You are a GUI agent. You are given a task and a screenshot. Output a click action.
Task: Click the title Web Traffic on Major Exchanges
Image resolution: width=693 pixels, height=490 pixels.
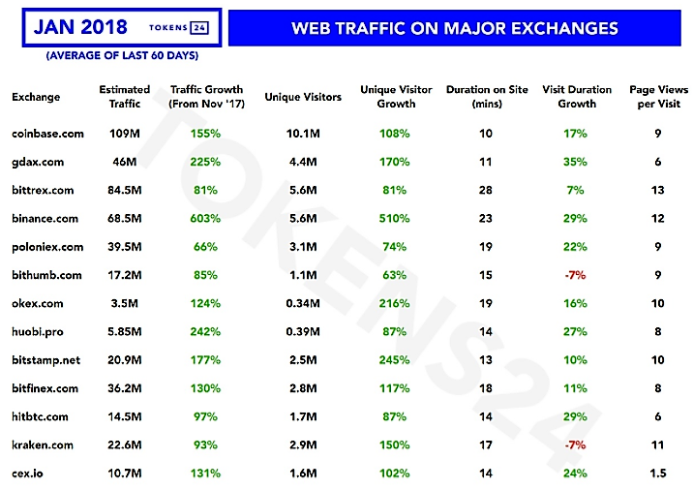[x=454, y=28]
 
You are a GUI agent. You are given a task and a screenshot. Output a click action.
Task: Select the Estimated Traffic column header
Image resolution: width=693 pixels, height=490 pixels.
[x=124, y=97]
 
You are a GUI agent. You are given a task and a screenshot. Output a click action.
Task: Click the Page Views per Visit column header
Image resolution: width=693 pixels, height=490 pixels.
[x=658, y=97]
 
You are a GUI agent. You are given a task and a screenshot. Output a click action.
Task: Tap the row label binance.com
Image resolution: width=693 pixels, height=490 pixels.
[x=45, y=219]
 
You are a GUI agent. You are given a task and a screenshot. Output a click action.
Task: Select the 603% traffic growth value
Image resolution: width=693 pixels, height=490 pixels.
[x=204, y=219]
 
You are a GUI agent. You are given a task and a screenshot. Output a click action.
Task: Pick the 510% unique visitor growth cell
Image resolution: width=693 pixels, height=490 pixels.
[x=395, y=219]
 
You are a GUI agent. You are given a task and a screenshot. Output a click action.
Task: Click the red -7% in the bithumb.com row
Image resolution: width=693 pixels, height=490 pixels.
[x=576, y=275]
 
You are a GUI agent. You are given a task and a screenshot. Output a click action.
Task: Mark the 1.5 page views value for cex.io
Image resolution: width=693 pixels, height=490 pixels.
[x=658, y=474]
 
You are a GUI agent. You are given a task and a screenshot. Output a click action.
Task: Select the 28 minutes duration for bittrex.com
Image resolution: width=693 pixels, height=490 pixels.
[x=486, y=190]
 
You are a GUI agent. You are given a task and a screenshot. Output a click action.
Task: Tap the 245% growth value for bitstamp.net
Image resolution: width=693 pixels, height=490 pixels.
[x=395, y=360]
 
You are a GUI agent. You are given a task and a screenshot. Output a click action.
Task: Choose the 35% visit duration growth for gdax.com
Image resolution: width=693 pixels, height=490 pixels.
[x=576, y=162]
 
